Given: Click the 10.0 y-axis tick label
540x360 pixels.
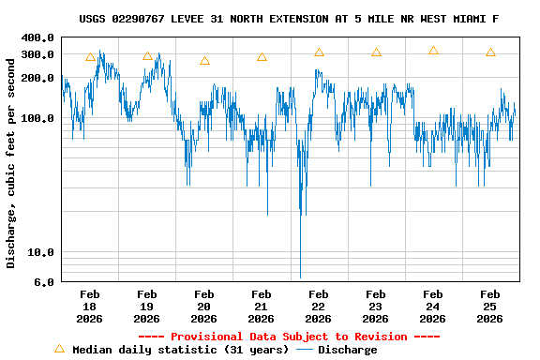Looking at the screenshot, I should pyautogui.click(x=42, y=252).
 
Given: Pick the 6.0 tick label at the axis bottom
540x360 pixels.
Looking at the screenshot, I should pyautogui.click(x=46, y=282).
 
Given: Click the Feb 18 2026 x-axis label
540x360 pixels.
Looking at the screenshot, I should pyautogui.click(x=90, y=306).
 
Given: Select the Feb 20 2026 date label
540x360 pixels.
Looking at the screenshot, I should pyautogui.click(x=203, y=306).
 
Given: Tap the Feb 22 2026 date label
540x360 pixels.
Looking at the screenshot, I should pyautogui.click(x=318, y=306).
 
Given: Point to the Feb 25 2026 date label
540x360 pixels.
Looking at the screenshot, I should pyautogui.click(x=489, y=306).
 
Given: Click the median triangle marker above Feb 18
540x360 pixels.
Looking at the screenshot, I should pyautogui.click(x=90, y=57).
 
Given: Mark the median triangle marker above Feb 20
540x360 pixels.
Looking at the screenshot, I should pyautogui.click(x=204, y=61).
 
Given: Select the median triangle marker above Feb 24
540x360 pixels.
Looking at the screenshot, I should pyautogui.click(x=433, y=51).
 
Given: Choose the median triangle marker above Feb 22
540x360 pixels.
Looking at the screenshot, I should pyautogui.click(x=319, y=52).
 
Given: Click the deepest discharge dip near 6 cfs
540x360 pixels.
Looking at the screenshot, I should pyautogui.click(x=300, y=276).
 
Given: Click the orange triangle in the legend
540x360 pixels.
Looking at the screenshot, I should pyautogui.click(x=59, y=349).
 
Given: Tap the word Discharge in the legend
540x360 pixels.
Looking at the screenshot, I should pyautogui.click(x=347, y=350).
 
